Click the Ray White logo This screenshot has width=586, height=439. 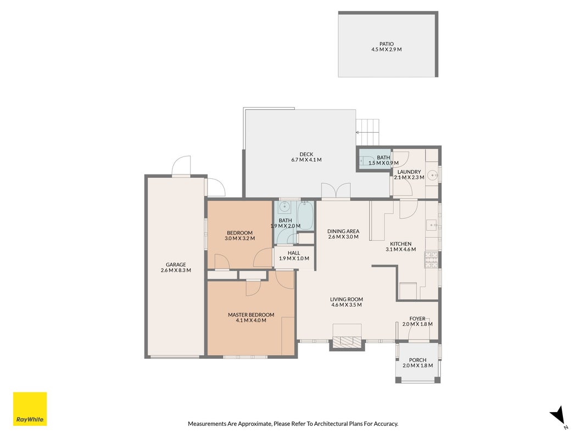pyautogui.click(x=30, y=409)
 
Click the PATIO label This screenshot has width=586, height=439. pyautogui.click(x=387, y=44)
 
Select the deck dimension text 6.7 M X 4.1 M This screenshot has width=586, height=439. pyautogui.click(x=306, y=160)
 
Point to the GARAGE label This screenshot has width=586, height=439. pyautogui.click(x=176, y=264)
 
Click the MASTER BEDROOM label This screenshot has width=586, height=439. pyautogui.click(x=251, y=314)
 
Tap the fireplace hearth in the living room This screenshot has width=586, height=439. pyautogui.click(x=347, y=341)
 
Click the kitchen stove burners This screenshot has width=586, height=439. pyautogui.click(x=431, y=260)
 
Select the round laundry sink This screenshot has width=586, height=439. pyautogui.click(x=432, y=175)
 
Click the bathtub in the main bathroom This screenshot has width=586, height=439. pyautogui.click(x=305, y=216)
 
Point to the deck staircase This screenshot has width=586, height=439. pyautogui.click(x=368, y=132)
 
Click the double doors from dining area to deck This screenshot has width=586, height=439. pyautogui.click(x=336, y=191)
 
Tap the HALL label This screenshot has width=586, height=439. pyautogui.click(x=294, y=253)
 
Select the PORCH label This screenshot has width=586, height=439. pyautogui.click(x=417, y=360)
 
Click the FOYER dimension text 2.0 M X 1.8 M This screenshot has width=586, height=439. pyautogui.click(x=417, y=324)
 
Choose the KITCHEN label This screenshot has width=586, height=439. pyautogui.click(x=400, y=244)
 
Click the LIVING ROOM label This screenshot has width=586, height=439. pyautogui.click(x=347, y=299)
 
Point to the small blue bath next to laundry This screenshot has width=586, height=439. pyautogui.click(x=374, y=159)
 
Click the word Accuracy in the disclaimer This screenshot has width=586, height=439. pyautogui.click(x=387, y=424)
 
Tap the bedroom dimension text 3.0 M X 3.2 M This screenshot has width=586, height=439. pyautogui.click(x=240, y=238)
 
